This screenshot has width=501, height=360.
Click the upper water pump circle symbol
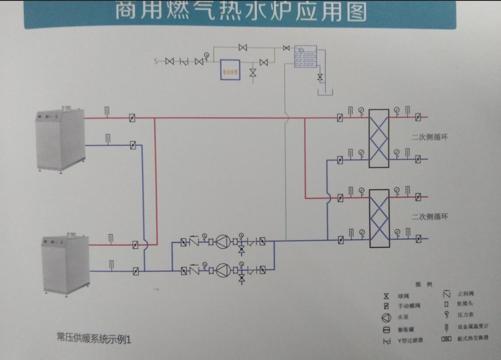(x=223, y=241)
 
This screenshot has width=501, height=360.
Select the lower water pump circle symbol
(x=223, y=270)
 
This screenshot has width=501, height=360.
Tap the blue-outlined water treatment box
(x=230, y=70)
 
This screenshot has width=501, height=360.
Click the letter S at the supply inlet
(x=155, y=61)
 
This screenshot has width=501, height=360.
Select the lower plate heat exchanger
(x=379, y=218)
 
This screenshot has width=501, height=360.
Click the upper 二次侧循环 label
(x=430, y=137)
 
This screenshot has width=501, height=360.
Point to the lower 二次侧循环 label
(x=430, y=217)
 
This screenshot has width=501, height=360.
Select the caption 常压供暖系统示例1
(x=94, y=337)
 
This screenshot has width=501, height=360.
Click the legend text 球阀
(x=403, y=297)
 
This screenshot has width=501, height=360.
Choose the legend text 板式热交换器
(x=472, y=338)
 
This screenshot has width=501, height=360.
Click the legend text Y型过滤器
(x=410, y=340)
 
